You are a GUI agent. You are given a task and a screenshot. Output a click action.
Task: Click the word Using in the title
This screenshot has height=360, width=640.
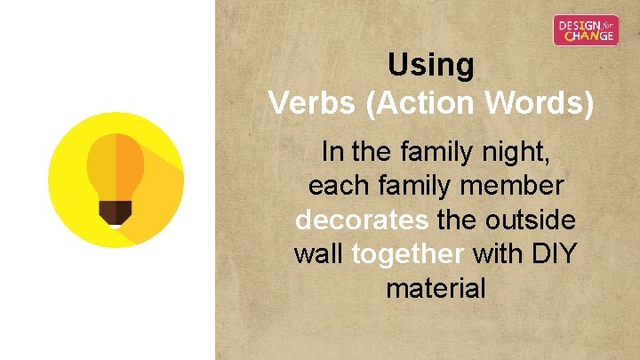(431, 65)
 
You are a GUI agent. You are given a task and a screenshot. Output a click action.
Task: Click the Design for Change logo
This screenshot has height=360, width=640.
(586, 30)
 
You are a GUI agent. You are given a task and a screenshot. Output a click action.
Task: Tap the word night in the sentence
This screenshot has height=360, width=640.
(517, 153)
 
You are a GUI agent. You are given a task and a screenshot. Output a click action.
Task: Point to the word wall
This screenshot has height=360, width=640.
(318, 254)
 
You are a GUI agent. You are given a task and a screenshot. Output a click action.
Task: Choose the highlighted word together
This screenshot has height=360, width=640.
(408, 254)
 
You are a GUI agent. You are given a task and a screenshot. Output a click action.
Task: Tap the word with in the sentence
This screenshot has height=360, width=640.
(498, 254)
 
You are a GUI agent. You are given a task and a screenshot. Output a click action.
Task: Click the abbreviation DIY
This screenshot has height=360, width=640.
(554, 254)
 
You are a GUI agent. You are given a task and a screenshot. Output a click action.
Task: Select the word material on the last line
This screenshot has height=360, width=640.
(436, 288)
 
